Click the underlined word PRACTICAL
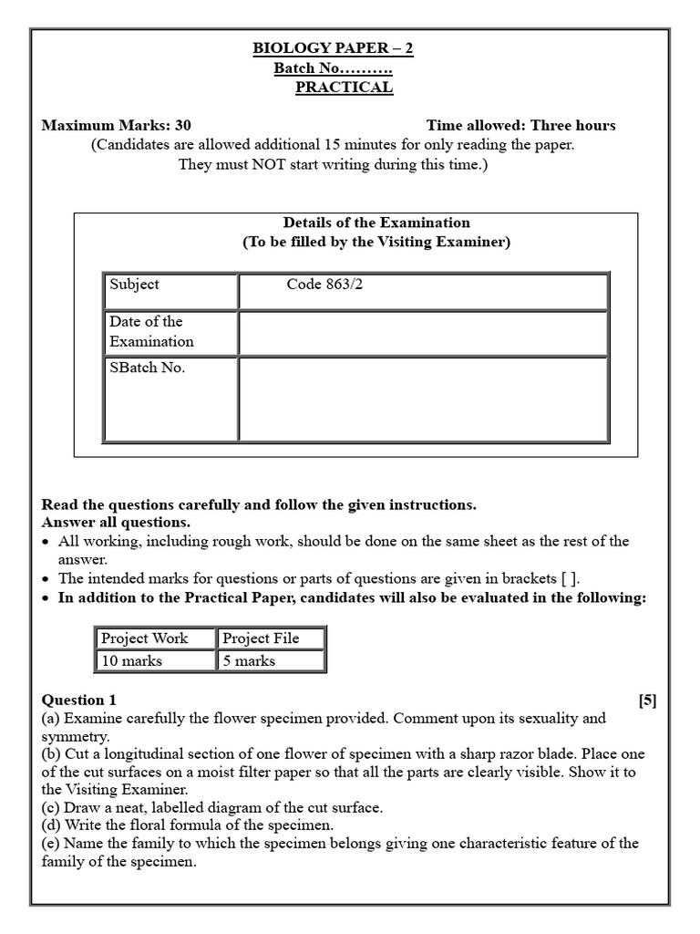[x=344, y=88]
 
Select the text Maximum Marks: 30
[x=117, y=126]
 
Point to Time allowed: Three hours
[x=520, y=126]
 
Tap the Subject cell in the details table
[x=170, y=291]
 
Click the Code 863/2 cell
[x=423, y=291]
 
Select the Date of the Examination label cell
[x=170, y=332]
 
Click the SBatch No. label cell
[x=170, y=399]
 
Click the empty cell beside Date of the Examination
[x=423, y=332]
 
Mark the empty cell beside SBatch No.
[x=423, y=399]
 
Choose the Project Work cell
[x=155, y=638]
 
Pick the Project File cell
[x=270, y=638]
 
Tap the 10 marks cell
[x=155, y=660]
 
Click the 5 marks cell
[x=270, y=660]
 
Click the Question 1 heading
[x=79, y=700]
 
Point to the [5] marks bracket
[x=647, y=700]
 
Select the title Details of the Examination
[x=376, y=223]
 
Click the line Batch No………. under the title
[x=333, y=68]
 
